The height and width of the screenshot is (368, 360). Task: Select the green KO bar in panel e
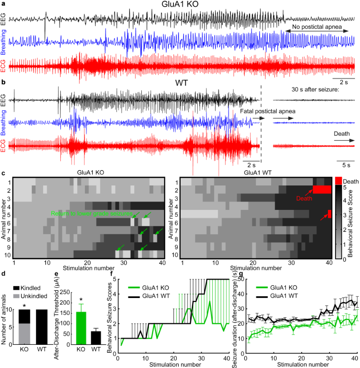[x=80, y=324]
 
